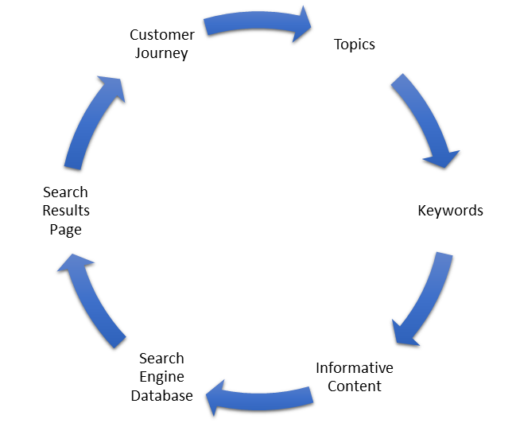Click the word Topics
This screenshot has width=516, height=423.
coord(355,45)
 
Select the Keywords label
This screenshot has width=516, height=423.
coord(450,211)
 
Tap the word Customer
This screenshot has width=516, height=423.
coord(162,35)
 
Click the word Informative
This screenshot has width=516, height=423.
coord(355,368)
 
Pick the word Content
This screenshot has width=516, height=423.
coord(355,386)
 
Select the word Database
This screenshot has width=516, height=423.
coord(161,395)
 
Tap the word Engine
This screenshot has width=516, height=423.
coord(161,377)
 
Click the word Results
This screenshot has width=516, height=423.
coord(66,211)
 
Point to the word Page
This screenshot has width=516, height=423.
coord(66,230)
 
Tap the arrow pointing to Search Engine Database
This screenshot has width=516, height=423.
coord(258,395)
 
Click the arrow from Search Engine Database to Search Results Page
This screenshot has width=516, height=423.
coord(91,298)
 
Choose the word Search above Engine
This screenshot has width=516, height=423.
coord(161,359)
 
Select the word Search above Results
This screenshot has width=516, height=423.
coord(66,192)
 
